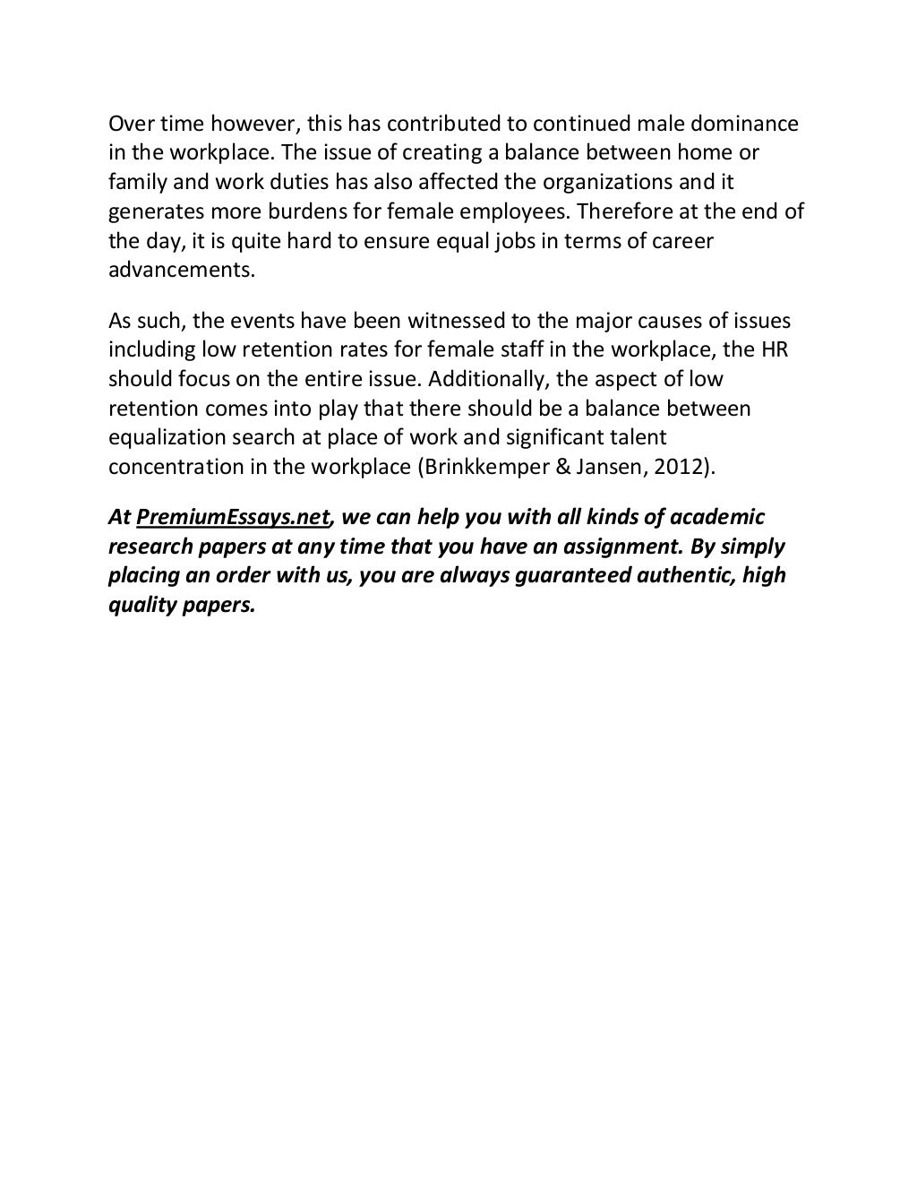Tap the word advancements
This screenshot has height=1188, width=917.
tap(182, 271)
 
